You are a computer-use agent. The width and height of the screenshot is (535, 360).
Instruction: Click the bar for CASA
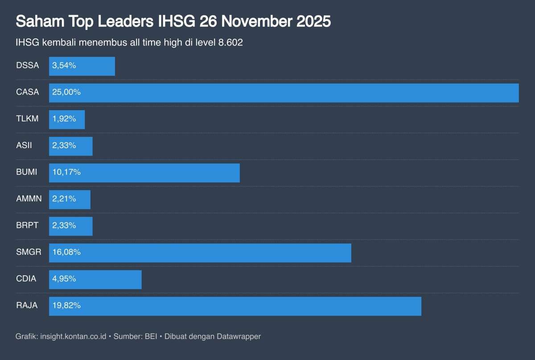[284, 93]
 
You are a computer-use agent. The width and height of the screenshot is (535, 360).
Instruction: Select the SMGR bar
[200, 252]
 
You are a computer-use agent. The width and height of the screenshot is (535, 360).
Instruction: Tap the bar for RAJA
[235, 306]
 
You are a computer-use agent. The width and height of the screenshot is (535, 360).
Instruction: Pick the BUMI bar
[144, 173]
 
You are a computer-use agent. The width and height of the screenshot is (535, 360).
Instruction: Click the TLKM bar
[67, 120]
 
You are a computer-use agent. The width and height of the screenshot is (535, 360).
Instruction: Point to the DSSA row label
[27, 66]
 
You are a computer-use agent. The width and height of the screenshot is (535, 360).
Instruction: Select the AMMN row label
[29, 199]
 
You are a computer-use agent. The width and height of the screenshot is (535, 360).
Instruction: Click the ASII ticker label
[24, 145]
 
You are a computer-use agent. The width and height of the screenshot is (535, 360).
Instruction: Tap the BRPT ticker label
[27, 226]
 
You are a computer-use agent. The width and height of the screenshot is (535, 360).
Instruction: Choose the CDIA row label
[26, 279]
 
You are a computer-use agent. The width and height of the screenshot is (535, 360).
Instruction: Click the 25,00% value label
[66, 92]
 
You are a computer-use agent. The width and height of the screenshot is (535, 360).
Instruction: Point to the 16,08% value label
[66, 252]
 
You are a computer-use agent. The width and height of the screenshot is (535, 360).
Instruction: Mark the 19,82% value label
[66, 306]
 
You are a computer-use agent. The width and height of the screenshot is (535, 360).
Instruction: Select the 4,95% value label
[64, 279]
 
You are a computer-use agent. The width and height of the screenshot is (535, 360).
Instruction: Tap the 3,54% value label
[64, 66]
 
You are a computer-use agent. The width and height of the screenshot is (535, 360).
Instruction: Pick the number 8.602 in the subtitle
[230, 43]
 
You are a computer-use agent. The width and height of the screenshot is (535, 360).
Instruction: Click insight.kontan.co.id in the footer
[73, 336]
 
